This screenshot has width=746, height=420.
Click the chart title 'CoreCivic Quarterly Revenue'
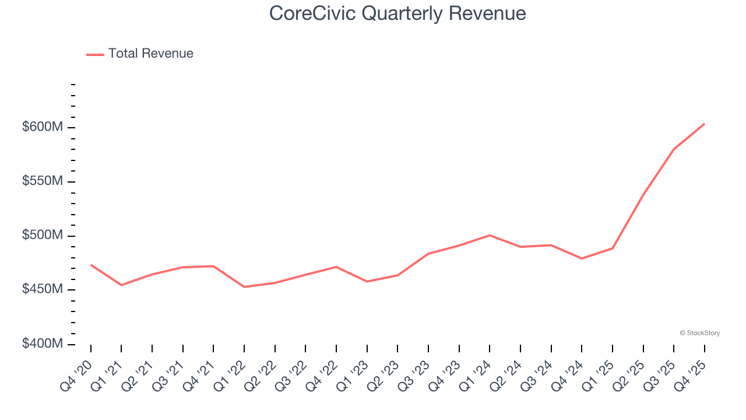[x=397, y=13]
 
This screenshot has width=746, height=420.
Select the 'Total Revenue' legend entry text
[x=150, y=54]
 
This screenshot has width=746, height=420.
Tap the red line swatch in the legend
[x=95, y=54]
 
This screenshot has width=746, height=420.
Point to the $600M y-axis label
[x=42, y=127]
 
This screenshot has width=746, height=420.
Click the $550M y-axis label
[x=42, y=181]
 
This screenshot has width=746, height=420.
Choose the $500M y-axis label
[x=42, y=235]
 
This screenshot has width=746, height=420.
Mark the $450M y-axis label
[x=42, y=289]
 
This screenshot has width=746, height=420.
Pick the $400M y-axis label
[x=42, y=344]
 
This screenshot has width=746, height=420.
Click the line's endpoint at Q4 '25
[x=704, y=124]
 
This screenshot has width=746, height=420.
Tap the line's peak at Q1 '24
[x=490, y=235]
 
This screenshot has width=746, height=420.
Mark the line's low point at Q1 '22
[x=244, y=287]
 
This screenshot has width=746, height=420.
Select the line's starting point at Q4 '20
[x=91, y=265]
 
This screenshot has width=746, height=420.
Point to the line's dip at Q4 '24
[x=582, y=258]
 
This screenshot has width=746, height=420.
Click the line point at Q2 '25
[x=643, y=194]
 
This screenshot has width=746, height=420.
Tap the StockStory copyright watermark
[x=699, y=333]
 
